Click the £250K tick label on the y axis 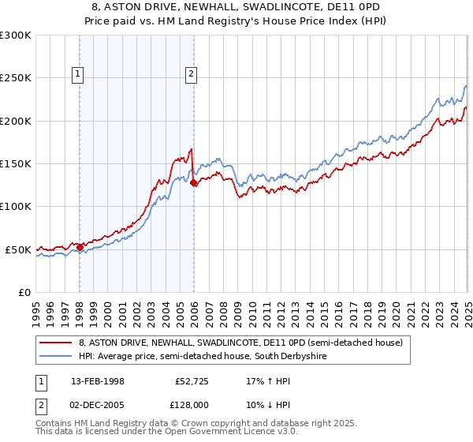pyautogui.click(x=16, y=78)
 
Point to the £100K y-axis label pyautogui.click(x=16, y=206)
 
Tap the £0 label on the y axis pyautogui.click(x=24, y=292)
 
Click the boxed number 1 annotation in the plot pyautogui.click(x=79, y=75)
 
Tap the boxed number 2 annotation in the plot pyautogui.click(x=192, y=75)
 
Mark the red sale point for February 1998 pyautogui.click(x=80, y=247)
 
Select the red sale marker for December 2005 pyautogui.click(x=194, y=182)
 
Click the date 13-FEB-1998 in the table pyautogui.click(x=97, y=380)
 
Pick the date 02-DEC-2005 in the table pyautogui.click(x=98, y=403)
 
